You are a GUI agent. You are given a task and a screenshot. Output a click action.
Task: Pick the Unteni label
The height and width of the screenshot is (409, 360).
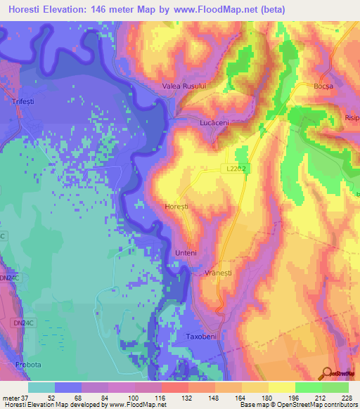click(x=185, y=253)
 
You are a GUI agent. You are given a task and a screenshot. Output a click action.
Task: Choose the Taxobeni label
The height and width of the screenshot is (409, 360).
click(x=204, y=337)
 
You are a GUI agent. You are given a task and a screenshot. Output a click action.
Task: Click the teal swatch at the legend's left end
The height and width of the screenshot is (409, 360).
click(x=41, y=387)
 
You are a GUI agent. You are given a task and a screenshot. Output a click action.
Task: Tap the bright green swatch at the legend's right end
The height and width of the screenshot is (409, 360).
click(x=335, y=387)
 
